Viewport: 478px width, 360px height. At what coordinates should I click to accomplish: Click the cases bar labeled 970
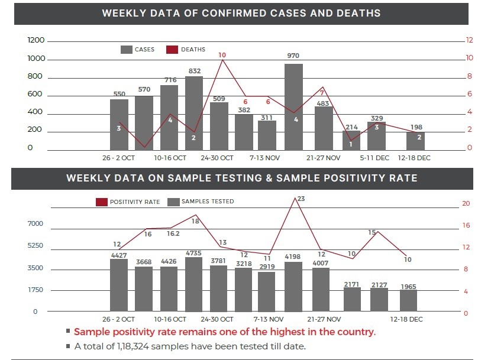(x=293, y=106)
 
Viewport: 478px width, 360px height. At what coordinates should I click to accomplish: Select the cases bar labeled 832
(x=194, y=112)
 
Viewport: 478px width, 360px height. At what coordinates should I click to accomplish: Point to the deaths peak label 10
(x=222, y=55)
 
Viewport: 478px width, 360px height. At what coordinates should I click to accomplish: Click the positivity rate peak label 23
(x=301, y=199)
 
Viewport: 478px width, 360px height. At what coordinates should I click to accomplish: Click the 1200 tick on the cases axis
(x=36, y=40)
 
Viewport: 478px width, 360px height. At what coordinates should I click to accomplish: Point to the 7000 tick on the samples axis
(x=35, y=223)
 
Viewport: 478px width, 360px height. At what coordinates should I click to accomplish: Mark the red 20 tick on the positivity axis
(x=466, y=203)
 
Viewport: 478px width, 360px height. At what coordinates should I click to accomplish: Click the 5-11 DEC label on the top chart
(x=374, y=158)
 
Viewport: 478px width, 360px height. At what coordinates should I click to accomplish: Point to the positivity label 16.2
(x=173, y=234)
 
